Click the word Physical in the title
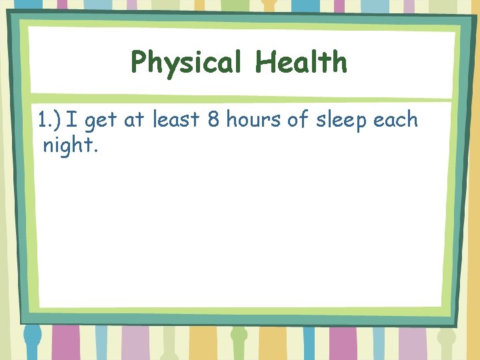[x=189, y=63]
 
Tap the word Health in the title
[x=301, y=62]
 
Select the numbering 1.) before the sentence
[x=49, y=120]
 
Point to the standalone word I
[x=71, y=120]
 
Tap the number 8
[x=213, y=120]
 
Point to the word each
[x=396, y=120]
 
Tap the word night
[x=67, y=145]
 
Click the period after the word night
[x=97, y=151]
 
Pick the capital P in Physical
[x=139, y=63]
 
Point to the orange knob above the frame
[x=269, y=4]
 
